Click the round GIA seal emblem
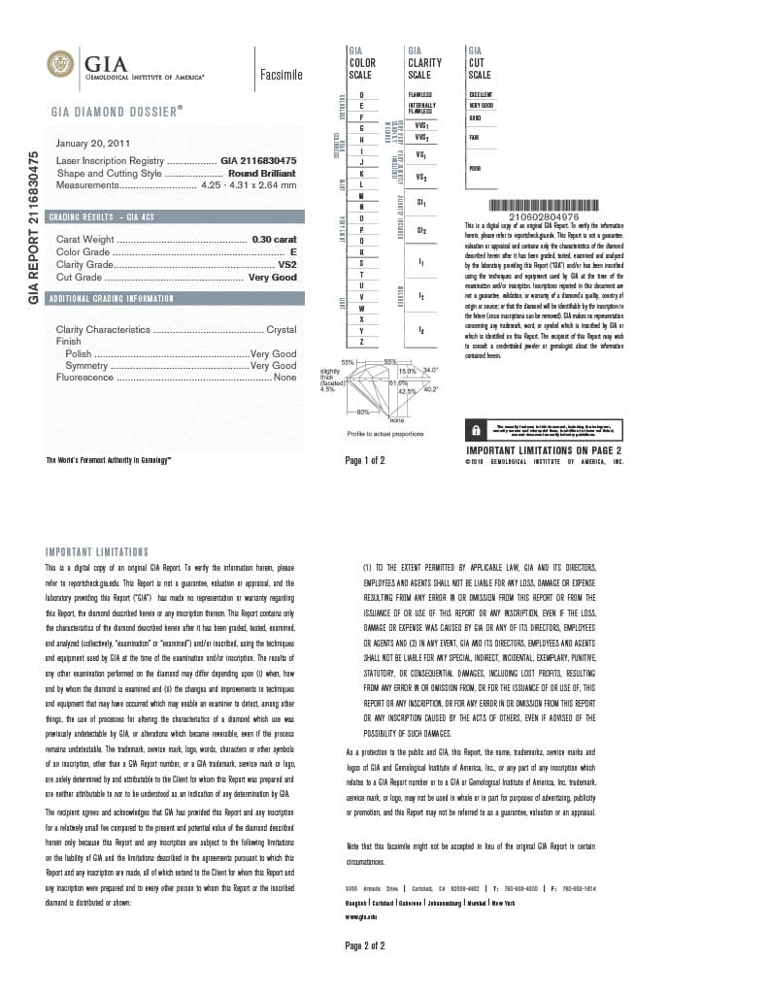60,64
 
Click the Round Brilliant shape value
261,173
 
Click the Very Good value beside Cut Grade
272,278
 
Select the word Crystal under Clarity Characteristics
281,330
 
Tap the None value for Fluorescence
284,377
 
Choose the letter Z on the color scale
361,343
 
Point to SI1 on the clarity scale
420,203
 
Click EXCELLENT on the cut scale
481,94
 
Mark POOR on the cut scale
475,168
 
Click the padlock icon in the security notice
477,429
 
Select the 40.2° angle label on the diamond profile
430,389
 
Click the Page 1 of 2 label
365,460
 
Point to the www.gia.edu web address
360,915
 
